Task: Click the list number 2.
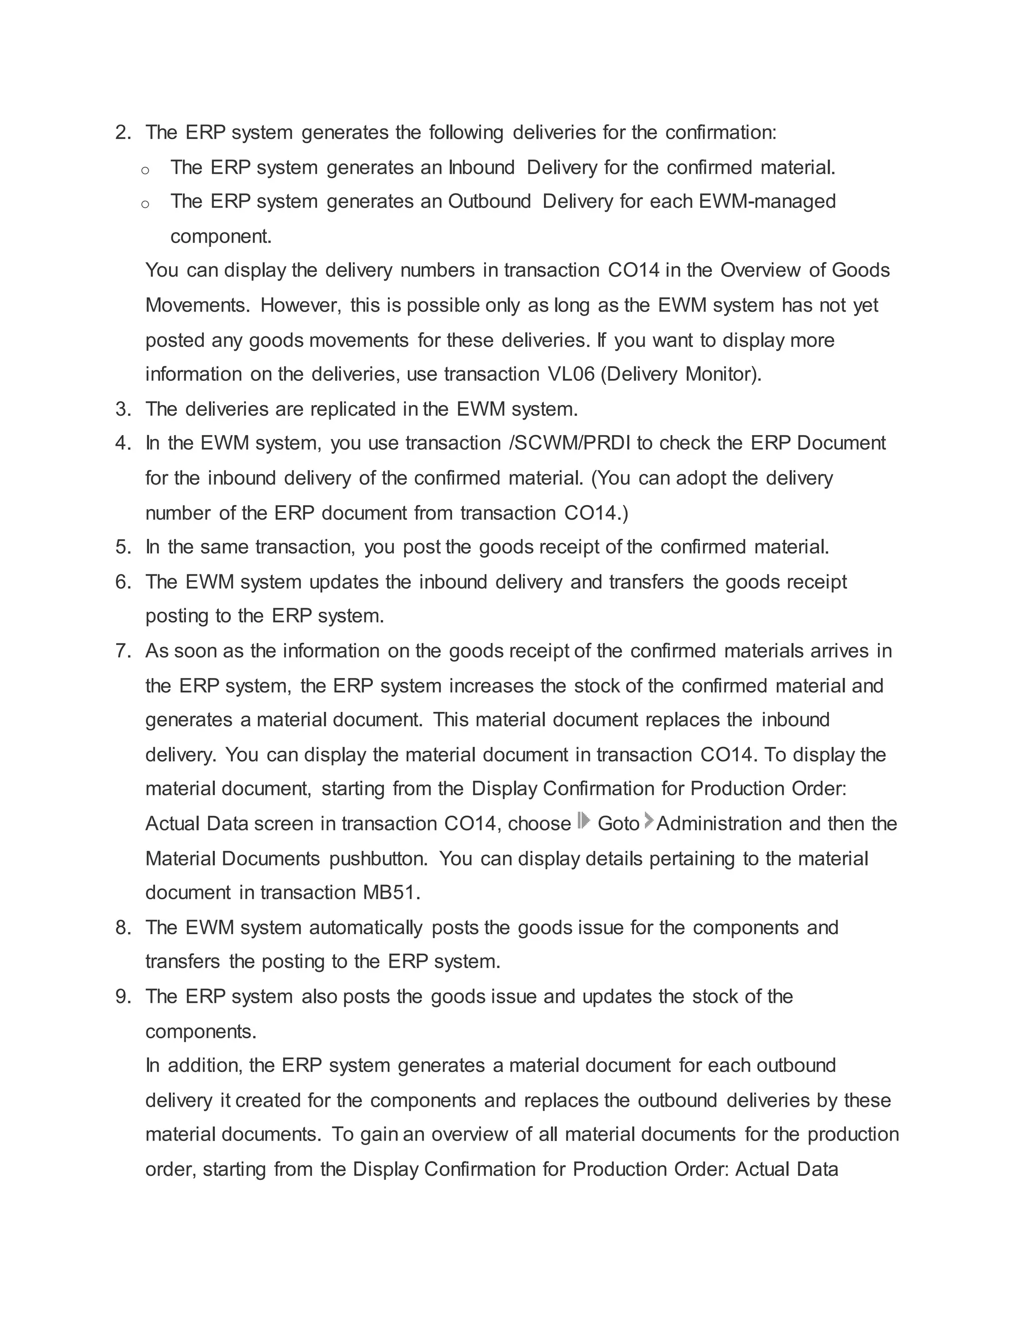pos(123,133)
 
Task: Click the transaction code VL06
pos(571,374)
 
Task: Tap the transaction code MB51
pos(391,893)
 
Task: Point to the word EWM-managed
pos(767,201)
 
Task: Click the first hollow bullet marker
pos(145,170)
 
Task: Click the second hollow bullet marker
pos(145,204)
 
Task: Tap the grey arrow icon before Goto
pos(584,822)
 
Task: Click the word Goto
pos(618,824)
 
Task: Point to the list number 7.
pos(123,652)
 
